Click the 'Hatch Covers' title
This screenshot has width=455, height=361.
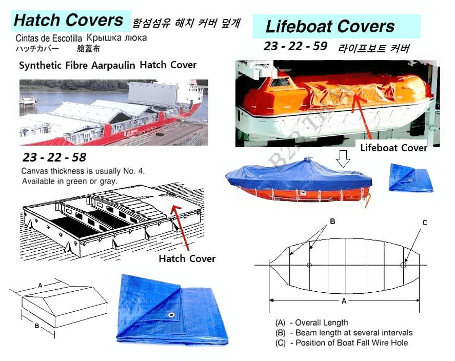tap(69, 21)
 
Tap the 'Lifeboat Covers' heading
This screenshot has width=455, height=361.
tap(330, 26)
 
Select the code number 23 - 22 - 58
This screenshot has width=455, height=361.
tap(54, 157)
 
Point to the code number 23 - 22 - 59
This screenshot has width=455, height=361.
tap(295, 46)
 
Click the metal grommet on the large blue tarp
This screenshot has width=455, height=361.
tap(171, 315)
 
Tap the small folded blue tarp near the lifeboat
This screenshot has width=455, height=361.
tap(410, 177)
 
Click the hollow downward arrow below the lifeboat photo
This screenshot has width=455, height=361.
tap(343, 158)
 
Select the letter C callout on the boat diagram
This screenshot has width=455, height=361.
tap(425, 223)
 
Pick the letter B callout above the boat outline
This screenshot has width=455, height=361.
tap(332, 221)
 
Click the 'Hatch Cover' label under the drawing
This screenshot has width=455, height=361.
tap(187, 258)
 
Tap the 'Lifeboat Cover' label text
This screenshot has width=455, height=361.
tap(394, 148)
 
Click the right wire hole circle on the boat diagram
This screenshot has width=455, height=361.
tap(403, 265)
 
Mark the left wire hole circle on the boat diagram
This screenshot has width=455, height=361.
tap(309, 265)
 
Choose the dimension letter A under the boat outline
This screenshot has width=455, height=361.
tap(344, 301)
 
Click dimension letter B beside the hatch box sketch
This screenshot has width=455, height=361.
tap(37, 326)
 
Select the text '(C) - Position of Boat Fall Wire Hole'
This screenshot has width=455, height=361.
tap(342, 343)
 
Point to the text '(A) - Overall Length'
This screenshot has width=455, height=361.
tap(312, 323)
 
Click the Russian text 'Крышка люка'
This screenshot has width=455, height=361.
tap(116, 38)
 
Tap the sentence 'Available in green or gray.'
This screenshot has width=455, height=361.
tap(70, 181)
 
